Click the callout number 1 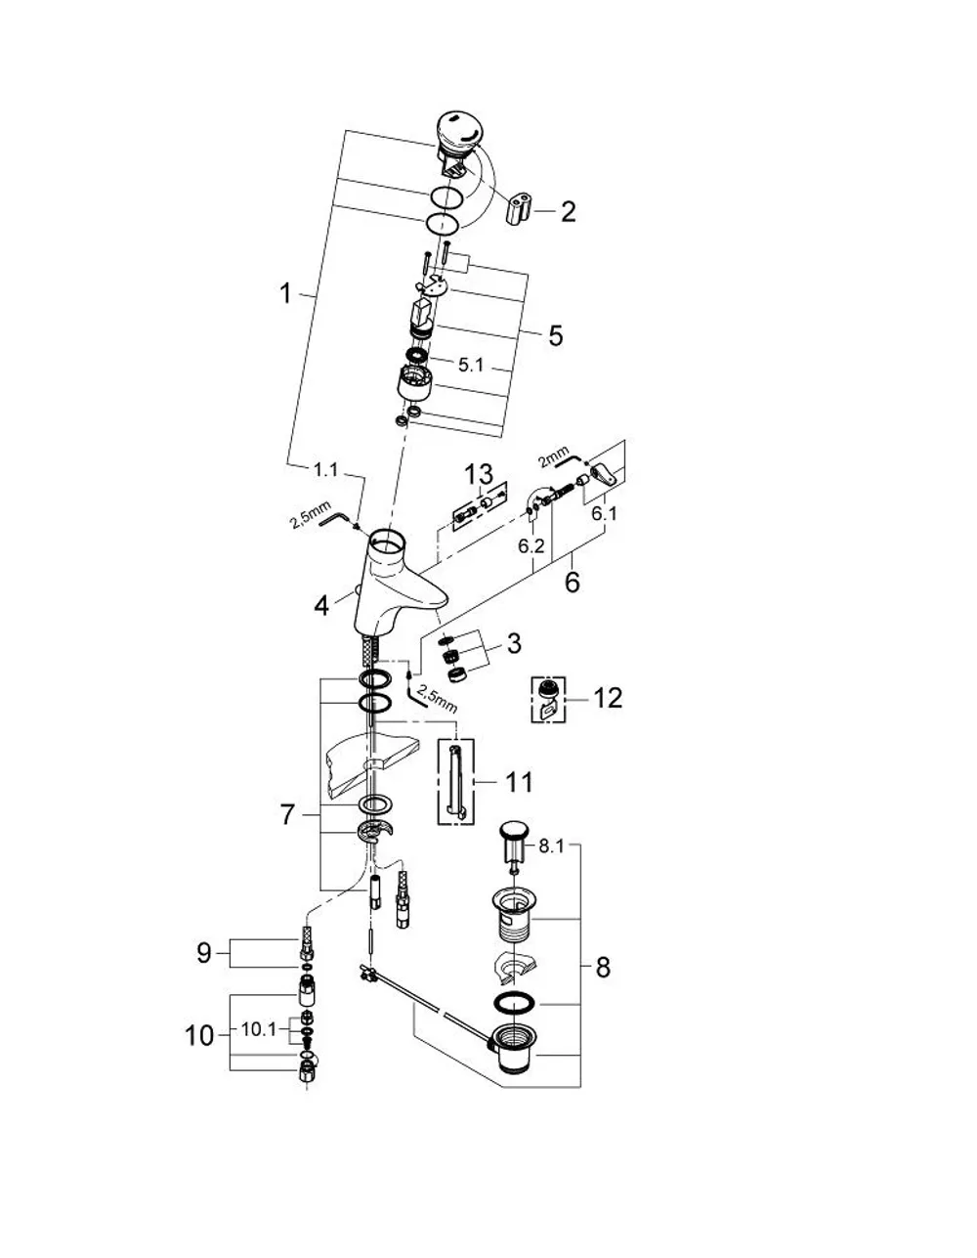(285, 294)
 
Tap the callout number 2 (568, 212)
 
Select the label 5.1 (470, 366)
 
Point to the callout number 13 (479, 474)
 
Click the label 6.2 (531, 546)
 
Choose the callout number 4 (321, 606)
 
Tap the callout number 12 (608, 698)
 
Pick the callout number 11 (519, 783)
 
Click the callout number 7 (287, 814)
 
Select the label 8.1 (551, 846)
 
